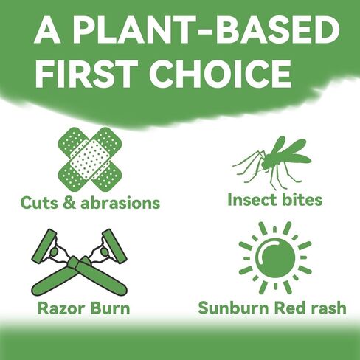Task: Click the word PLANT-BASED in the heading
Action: (206, 31)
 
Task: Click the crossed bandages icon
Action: (90, 159)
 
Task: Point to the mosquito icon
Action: (272, 163)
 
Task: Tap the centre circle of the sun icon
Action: (275, 257)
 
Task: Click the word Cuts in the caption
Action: (39, 203)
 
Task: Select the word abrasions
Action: (120, 203)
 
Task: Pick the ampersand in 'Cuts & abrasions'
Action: (69, 203)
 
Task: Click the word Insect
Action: (252, 200)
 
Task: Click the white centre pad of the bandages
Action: (90, 159)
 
